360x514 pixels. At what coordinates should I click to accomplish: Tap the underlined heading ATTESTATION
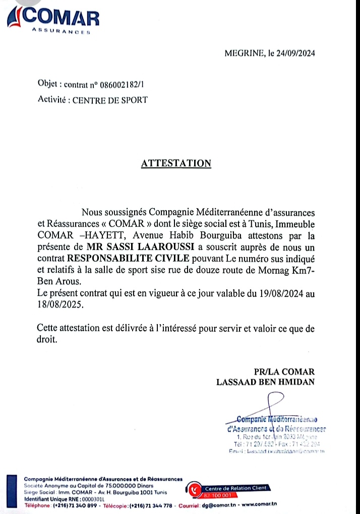(176, 163)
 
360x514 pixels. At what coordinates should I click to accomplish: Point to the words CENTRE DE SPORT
(110, 100)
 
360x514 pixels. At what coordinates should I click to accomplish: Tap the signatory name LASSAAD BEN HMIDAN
(265, 381)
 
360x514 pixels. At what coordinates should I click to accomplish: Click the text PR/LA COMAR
(284, 371)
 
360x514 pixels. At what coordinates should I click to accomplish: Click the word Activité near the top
(52, 100)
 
